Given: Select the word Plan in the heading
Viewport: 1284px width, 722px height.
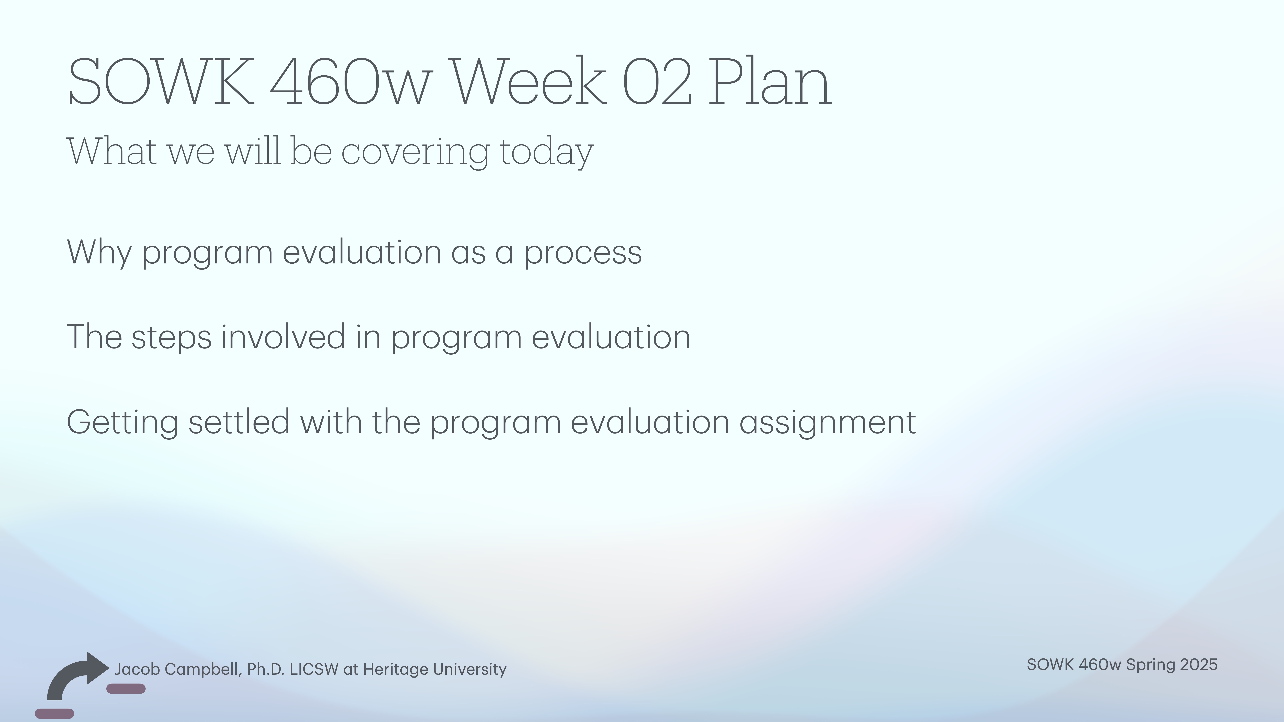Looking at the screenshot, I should [x=770, y=82].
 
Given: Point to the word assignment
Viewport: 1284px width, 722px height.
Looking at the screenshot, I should [x=827, y=423].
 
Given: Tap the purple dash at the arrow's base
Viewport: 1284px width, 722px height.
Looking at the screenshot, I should [x=54, y=713].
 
